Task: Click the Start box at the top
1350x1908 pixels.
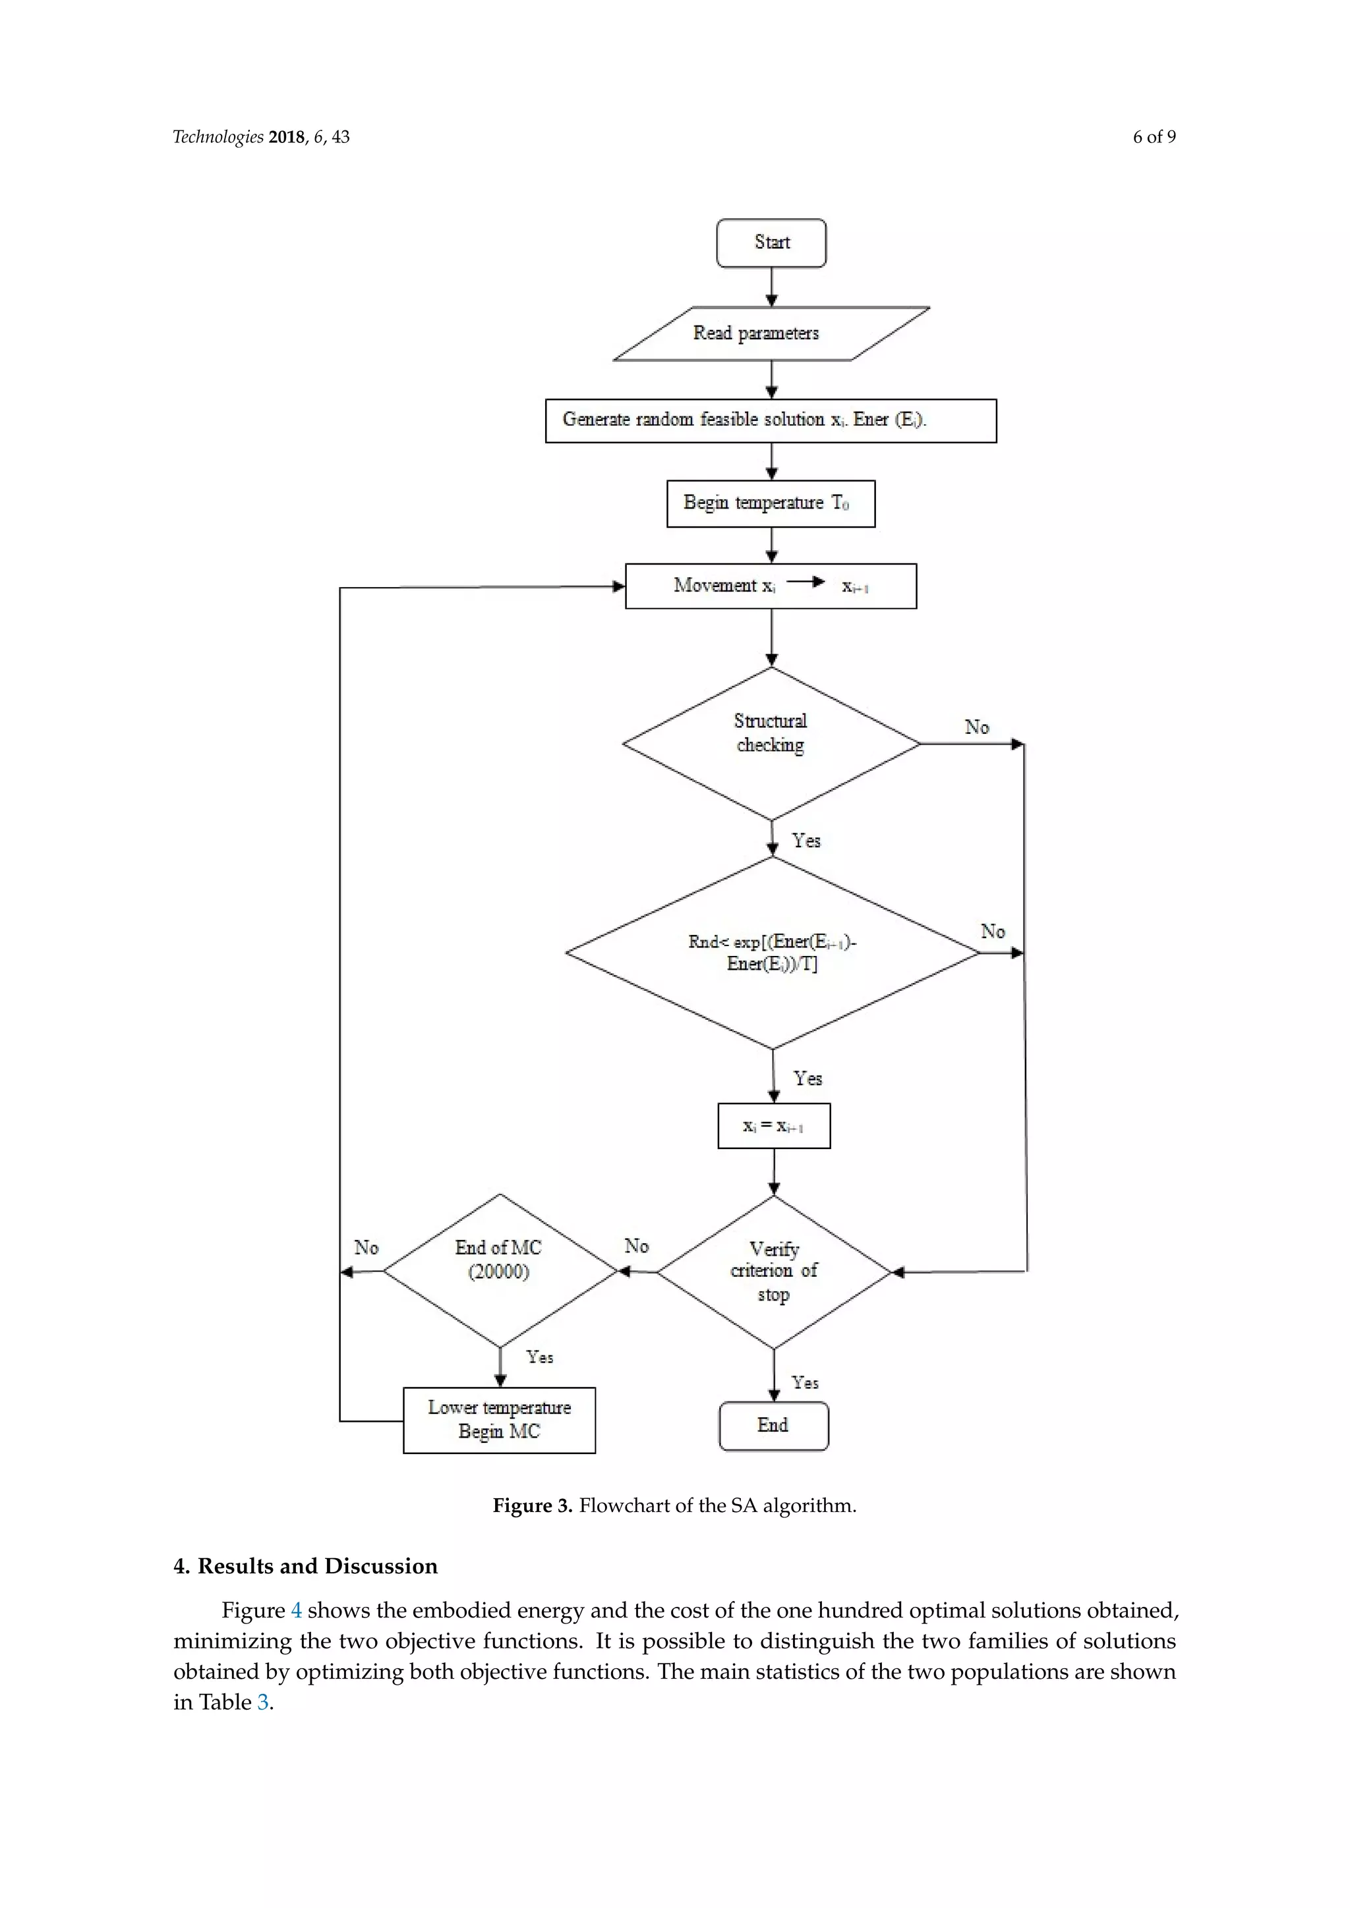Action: click(771, 242)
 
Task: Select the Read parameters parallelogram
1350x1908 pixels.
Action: click(771, 333)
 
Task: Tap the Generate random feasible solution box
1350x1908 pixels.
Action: click(771, 420)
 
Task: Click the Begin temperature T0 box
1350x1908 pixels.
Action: click(771, 503)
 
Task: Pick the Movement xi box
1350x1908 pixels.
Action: click(771, 586)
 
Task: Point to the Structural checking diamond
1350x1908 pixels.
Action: click(771, 743)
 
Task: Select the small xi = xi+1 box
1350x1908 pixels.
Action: click(773, 1126)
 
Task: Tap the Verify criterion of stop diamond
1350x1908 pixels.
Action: click(774, 1272)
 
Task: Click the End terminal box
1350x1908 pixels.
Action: click(773, 1426)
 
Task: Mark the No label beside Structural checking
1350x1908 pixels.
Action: click(977, 727)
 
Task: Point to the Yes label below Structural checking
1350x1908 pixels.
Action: click(806, 840)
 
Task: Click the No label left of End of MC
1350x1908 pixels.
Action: click(366, 1247)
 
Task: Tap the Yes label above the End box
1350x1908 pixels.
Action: click(805, 1383)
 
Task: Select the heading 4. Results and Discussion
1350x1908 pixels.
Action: click(305, 1567)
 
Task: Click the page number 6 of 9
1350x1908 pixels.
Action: click(1154, 137)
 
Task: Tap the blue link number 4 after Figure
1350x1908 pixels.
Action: click(296, 1610)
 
